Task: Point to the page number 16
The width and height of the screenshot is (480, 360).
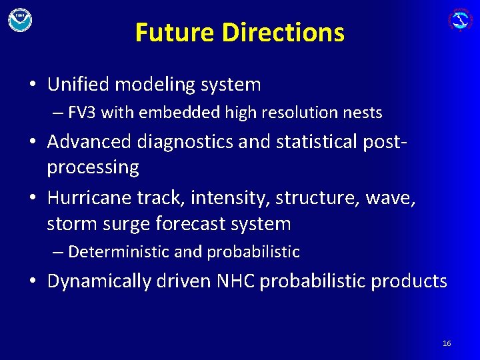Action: point(447,343)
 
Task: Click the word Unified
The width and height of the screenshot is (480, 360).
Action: point(79,85)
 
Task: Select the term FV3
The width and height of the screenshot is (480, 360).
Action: point(82,113)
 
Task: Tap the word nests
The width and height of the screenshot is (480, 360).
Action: point(363,113)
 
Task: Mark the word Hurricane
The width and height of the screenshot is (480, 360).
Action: point(89,198)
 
